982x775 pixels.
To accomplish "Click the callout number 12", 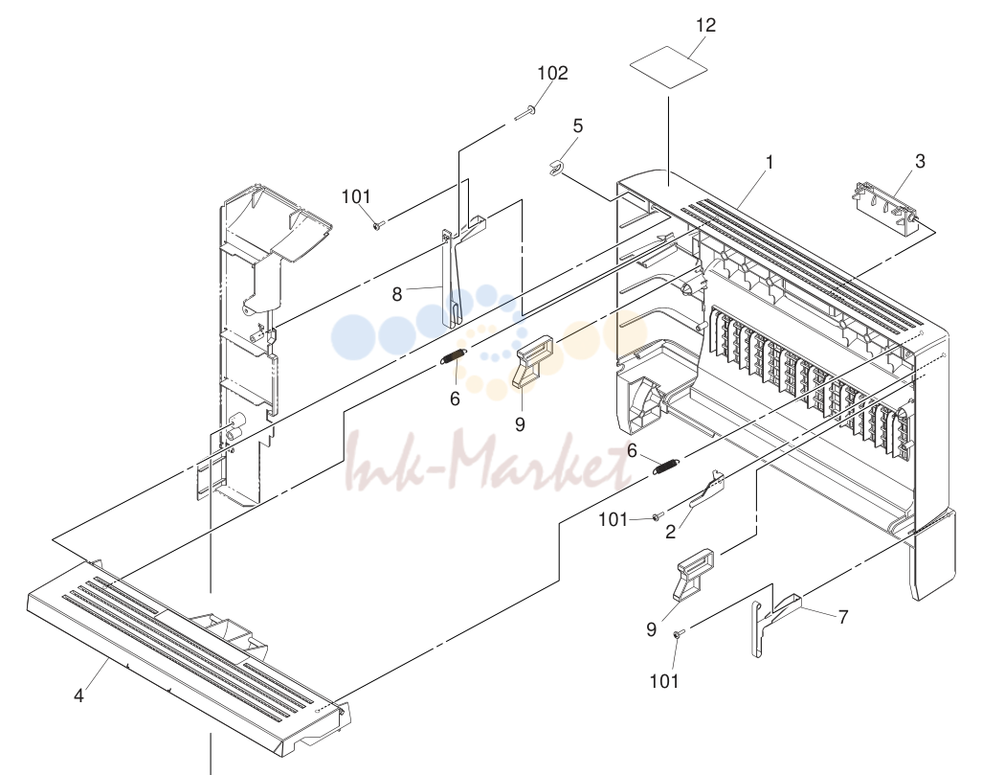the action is click(x=705, y=25).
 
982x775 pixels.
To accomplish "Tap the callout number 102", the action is click(x=553, y=73).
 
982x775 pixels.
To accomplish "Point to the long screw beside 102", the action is click(x=524, y=113).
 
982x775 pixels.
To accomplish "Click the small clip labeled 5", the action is click(x=556, y=168).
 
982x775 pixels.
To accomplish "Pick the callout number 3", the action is click(x=920, y=161).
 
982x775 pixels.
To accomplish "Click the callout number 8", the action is click(x=396, y=294).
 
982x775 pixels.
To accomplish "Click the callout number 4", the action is click(x=78, y=695).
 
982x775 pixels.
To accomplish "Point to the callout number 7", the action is click(x=843, y=617).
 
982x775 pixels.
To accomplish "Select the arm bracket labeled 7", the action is click(x=774, y=625).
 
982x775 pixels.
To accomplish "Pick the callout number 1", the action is click(x=770, y=163).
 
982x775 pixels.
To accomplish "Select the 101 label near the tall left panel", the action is click(x=356, y=197).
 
